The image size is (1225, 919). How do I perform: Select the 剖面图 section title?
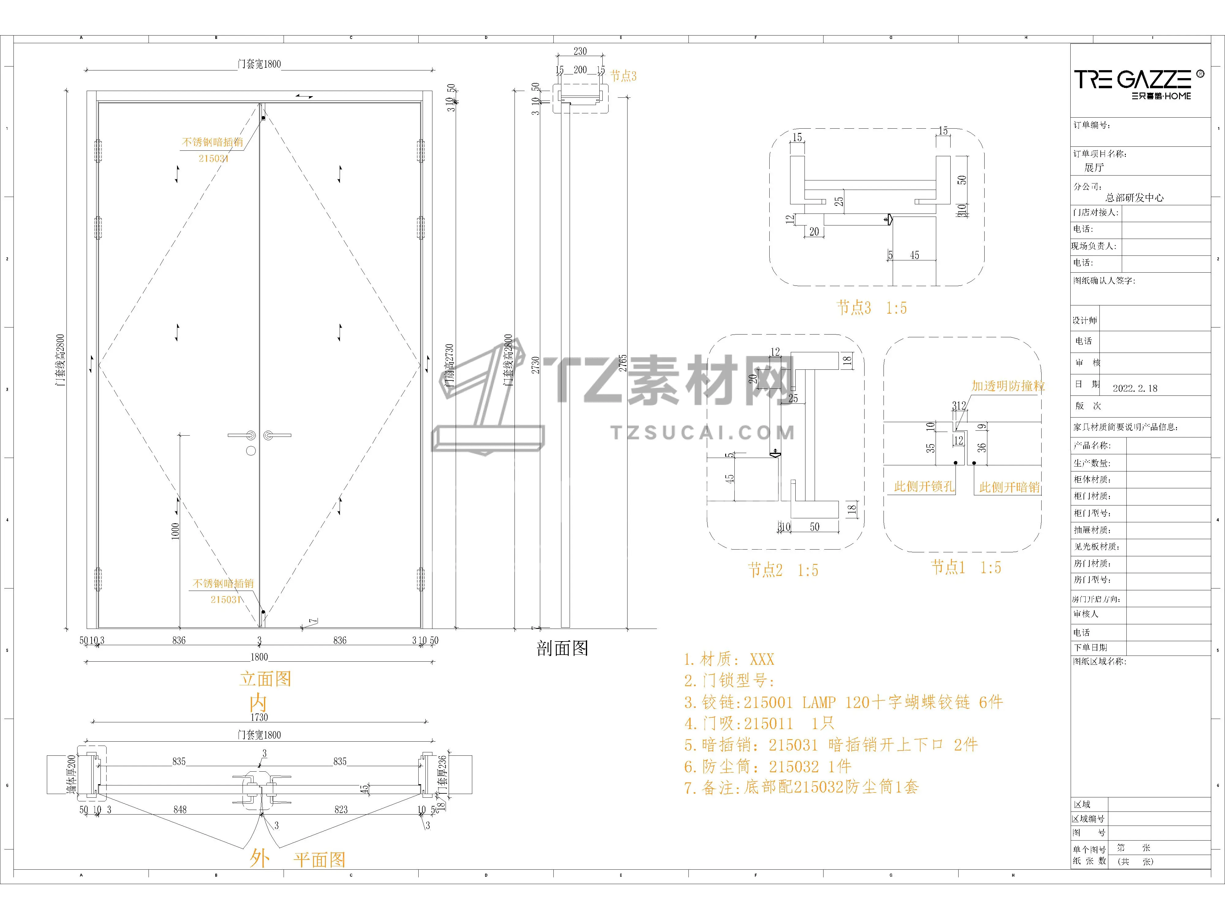562,648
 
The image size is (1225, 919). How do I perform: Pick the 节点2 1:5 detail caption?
782,570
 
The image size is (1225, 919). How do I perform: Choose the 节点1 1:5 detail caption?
966,567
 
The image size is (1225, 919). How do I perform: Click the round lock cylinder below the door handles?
251,451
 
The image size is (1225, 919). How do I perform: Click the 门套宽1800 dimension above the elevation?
259,64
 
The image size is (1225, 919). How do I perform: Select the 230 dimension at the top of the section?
580,51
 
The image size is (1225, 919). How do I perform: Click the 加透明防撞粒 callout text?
1008,386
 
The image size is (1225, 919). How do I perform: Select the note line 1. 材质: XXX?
729,660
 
